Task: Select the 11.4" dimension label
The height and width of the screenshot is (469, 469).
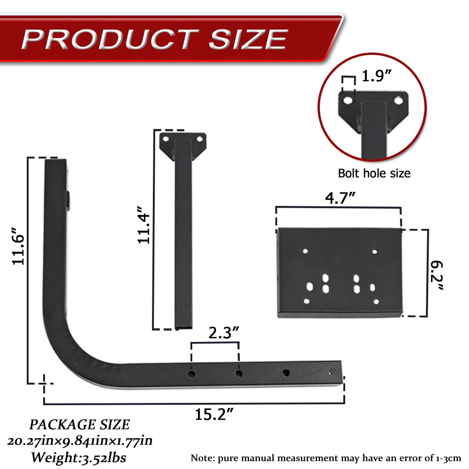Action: tap(144, 227)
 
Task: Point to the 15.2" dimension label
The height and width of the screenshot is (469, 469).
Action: tap(214, 414)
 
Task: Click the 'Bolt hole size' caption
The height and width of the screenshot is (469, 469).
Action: tap(374, 174)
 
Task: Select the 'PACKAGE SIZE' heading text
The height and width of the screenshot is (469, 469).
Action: tap(79, 424)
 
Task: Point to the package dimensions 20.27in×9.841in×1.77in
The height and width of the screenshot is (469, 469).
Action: tap(79, 441)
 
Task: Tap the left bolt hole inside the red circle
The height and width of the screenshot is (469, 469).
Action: tap(348, 100)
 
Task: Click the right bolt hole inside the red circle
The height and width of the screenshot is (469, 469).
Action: tap(398, 100)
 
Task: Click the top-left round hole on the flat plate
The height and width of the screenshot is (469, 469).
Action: tap(305, 251)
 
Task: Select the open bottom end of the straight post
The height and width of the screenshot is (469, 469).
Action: tap(183, 326)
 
